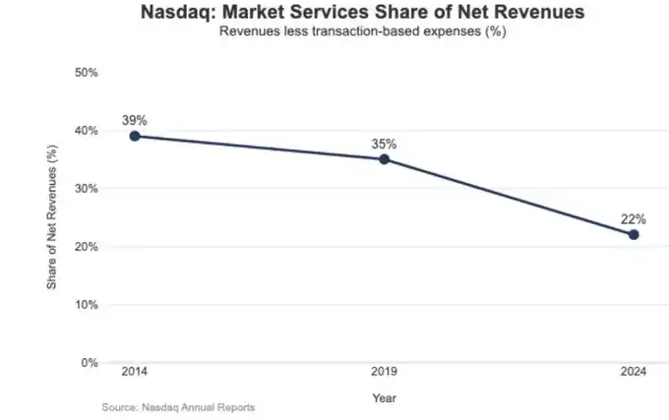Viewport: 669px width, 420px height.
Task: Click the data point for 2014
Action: (134, 136)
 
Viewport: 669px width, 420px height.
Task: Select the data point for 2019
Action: (384, 159)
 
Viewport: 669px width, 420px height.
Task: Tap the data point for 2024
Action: (634, 234)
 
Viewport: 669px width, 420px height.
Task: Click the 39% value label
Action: (134, 120)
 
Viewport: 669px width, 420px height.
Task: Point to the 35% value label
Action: (384, 144)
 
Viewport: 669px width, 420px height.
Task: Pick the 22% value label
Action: (634, 218)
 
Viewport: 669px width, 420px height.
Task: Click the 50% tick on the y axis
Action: (89, 73)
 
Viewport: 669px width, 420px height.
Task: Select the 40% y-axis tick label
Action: (89, 131)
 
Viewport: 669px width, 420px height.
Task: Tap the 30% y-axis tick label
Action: (89, 189)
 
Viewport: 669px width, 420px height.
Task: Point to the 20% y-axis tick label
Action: (89, 247)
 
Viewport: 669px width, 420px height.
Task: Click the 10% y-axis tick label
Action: (89, 305)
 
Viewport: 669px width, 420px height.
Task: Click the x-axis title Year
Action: (384, 397)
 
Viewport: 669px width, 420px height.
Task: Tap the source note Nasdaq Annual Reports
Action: (178, 406)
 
